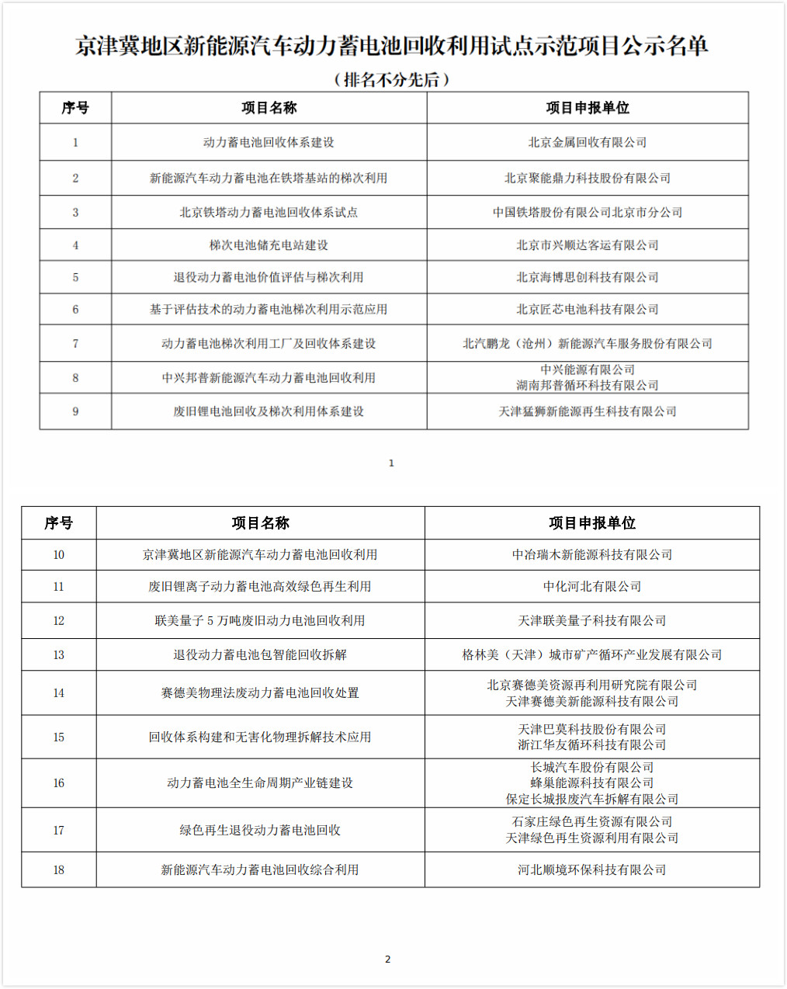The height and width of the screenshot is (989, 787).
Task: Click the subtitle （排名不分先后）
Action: point(392,79)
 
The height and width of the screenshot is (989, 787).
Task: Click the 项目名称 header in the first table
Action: point(269,108)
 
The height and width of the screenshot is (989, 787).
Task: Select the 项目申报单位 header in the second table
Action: point(591,523)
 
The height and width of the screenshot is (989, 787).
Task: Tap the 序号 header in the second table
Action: point(58,523)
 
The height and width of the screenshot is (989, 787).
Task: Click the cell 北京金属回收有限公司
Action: point(587,142)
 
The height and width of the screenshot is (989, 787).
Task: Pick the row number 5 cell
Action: point(75,277)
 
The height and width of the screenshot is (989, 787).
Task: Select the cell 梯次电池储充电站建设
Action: point(269,245)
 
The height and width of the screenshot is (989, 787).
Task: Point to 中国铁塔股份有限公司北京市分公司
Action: point(587,212)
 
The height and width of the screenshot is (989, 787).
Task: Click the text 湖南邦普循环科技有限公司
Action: point(587,385)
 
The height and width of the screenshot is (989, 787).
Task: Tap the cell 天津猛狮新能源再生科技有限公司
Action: point(587,411)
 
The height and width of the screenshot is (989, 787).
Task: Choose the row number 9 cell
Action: point(75,411)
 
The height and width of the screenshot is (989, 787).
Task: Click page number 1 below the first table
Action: point(391,463)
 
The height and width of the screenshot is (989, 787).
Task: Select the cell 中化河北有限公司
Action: point(591,586)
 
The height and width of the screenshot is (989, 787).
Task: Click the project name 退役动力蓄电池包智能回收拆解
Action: point(259,654)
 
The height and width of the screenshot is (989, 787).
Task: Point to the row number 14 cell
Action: point(58,692)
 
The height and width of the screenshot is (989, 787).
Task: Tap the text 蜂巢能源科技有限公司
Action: point(591,783)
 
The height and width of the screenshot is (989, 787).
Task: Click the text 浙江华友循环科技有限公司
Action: point(591,744)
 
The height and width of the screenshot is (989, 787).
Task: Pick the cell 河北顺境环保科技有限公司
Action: point(591,869)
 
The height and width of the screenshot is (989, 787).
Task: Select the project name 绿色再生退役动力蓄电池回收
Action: point(259,830)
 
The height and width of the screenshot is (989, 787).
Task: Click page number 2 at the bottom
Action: point(388,959)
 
